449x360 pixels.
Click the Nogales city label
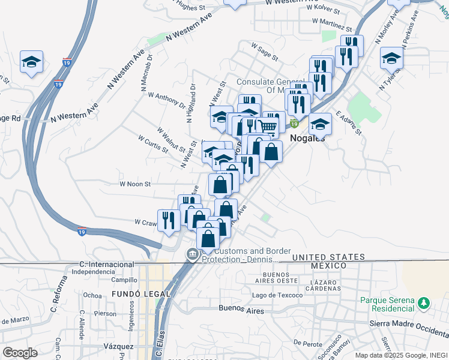pos(307,137)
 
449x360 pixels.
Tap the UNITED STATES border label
pos(328,257)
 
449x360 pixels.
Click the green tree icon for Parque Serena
pos(424,302)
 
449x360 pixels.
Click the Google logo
pos(19,353)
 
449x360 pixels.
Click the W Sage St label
pos(264,51)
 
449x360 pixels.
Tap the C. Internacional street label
pos(106,264)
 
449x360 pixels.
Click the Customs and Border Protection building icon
pos(191,254)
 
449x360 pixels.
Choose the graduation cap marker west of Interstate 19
pos(31,61)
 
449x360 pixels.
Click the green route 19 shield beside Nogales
pos(294,124)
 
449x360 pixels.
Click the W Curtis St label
pos(153,143)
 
